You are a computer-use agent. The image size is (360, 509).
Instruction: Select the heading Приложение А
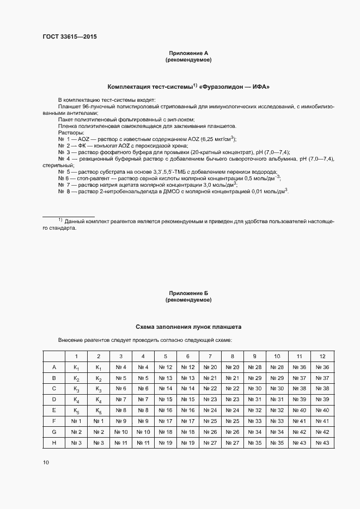click(x=188, y=53)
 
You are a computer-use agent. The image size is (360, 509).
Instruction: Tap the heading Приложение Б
click(x=188, y=293)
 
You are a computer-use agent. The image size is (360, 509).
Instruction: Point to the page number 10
click(x=46, y=462)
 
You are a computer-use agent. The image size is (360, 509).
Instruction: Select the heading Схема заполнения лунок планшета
click(x=188, y=327)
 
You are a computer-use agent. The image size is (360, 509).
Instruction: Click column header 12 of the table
click(x=322, y=356)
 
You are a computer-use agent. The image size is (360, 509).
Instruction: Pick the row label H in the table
click(x=54, y=443)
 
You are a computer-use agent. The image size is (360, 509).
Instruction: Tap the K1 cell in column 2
click(x=99, y=367)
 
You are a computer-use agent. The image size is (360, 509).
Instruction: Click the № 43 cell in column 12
click(x=322, y=443)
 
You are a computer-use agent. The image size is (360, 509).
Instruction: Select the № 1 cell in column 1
click(x=76, y=421)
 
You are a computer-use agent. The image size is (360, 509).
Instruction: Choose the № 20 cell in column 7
click(x=210, y=367)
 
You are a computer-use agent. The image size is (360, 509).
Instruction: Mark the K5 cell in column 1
click(x=76, y=410)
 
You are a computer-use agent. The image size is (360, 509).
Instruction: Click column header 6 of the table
click(x=188, y=356)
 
